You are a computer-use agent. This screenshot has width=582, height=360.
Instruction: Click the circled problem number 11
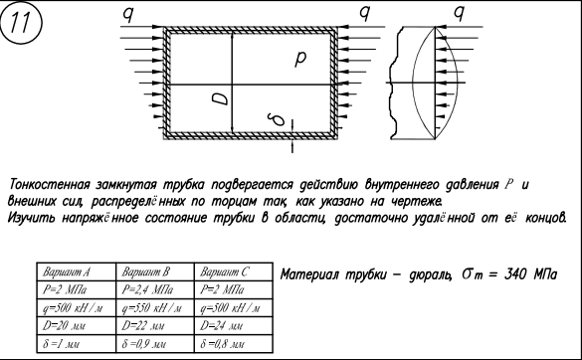click(x=21, y=23)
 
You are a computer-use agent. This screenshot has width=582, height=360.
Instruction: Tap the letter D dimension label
click(x=220, y=98)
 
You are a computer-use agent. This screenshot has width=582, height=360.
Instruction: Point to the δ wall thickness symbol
click(x=277, y=119)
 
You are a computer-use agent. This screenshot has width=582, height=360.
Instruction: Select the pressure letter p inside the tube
click(x=300, y=58)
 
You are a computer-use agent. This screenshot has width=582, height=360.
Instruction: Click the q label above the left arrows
click(x=128, y=15)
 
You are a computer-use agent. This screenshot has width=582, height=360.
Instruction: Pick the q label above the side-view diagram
click(x=460, y=14)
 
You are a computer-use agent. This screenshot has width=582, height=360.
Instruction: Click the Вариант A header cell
click(x=76, y=272)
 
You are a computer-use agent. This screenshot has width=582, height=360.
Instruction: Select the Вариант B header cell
click(x=155, y=272)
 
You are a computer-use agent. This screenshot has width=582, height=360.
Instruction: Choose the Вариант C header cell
click(x=234, y=272)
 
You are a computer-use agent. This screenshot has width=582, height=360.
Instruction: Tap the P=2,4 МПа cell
click(x=155, y=289)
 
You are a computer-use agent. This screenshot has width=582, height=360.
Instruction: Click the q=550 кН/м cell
click(x=155, y=307)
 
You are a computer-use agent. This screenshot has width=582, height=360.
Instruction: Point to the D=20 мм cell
click(x=76, y=326)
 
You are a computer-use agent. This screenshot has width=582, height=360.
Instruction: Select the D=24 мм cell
click(x=234, y=326)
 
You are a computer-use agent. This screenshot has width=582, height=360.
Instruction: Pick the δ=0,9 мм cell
click(x=155, y=344)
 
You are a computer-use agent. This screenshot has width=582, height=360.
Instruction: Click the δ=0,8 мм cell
click(x=234, y=344)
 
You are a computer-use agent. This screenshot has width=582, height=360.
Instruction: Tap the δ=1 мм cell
click(x=76, y=344)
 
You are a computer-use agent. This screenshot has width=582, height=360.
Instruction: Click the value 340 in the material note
click(x=515, y=273)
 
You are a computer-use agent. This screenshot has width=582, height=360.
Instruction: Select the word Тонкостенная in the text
click(x=50, y=184)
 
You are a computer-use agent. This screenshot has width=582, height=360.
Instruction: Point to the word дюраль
click(x=430, y=275)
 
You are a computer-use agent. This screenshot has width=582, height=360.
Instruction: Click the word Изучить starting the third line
click(x=31, y=218)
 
